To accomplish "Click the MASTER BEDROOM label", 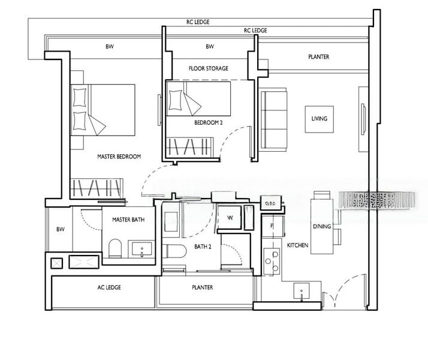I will tap(119, 157).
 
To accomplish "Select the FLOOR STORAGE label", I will tap(208, 68).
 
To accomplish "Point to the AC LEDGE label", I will tap(109, 287).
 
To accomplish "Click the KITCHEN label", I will tap(297, 246).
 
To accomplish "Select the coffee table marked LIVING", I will tap(319, 119).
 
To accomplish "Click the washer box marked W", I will tap(230, 218).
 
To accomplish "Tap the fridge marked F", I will tap(272, 226).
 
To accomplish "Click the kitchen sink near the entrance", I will tap(301, 292).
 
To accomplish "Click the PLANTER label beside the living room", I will tap(318, 57).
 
